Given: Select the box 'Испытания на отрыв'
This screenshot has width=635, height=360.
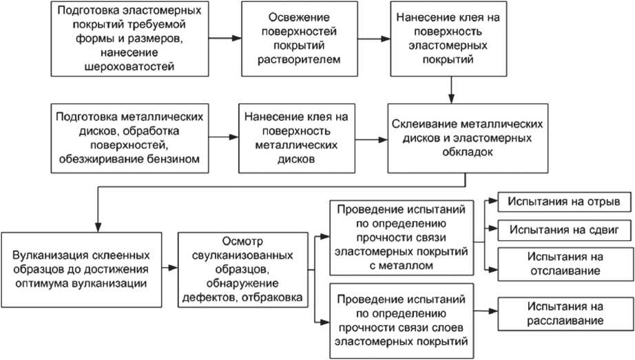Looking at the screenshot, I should tap(559, 202).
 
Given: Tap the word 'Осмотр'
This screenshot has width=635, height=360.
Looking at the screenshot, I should tap(242, 240).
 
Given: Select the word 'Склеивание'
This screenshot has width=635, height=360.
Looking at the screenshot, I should tap(421, 125).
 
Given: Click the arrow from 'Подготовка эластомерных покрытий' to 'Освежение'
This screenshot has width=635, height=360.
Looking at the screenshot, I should tap(225, 38).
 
